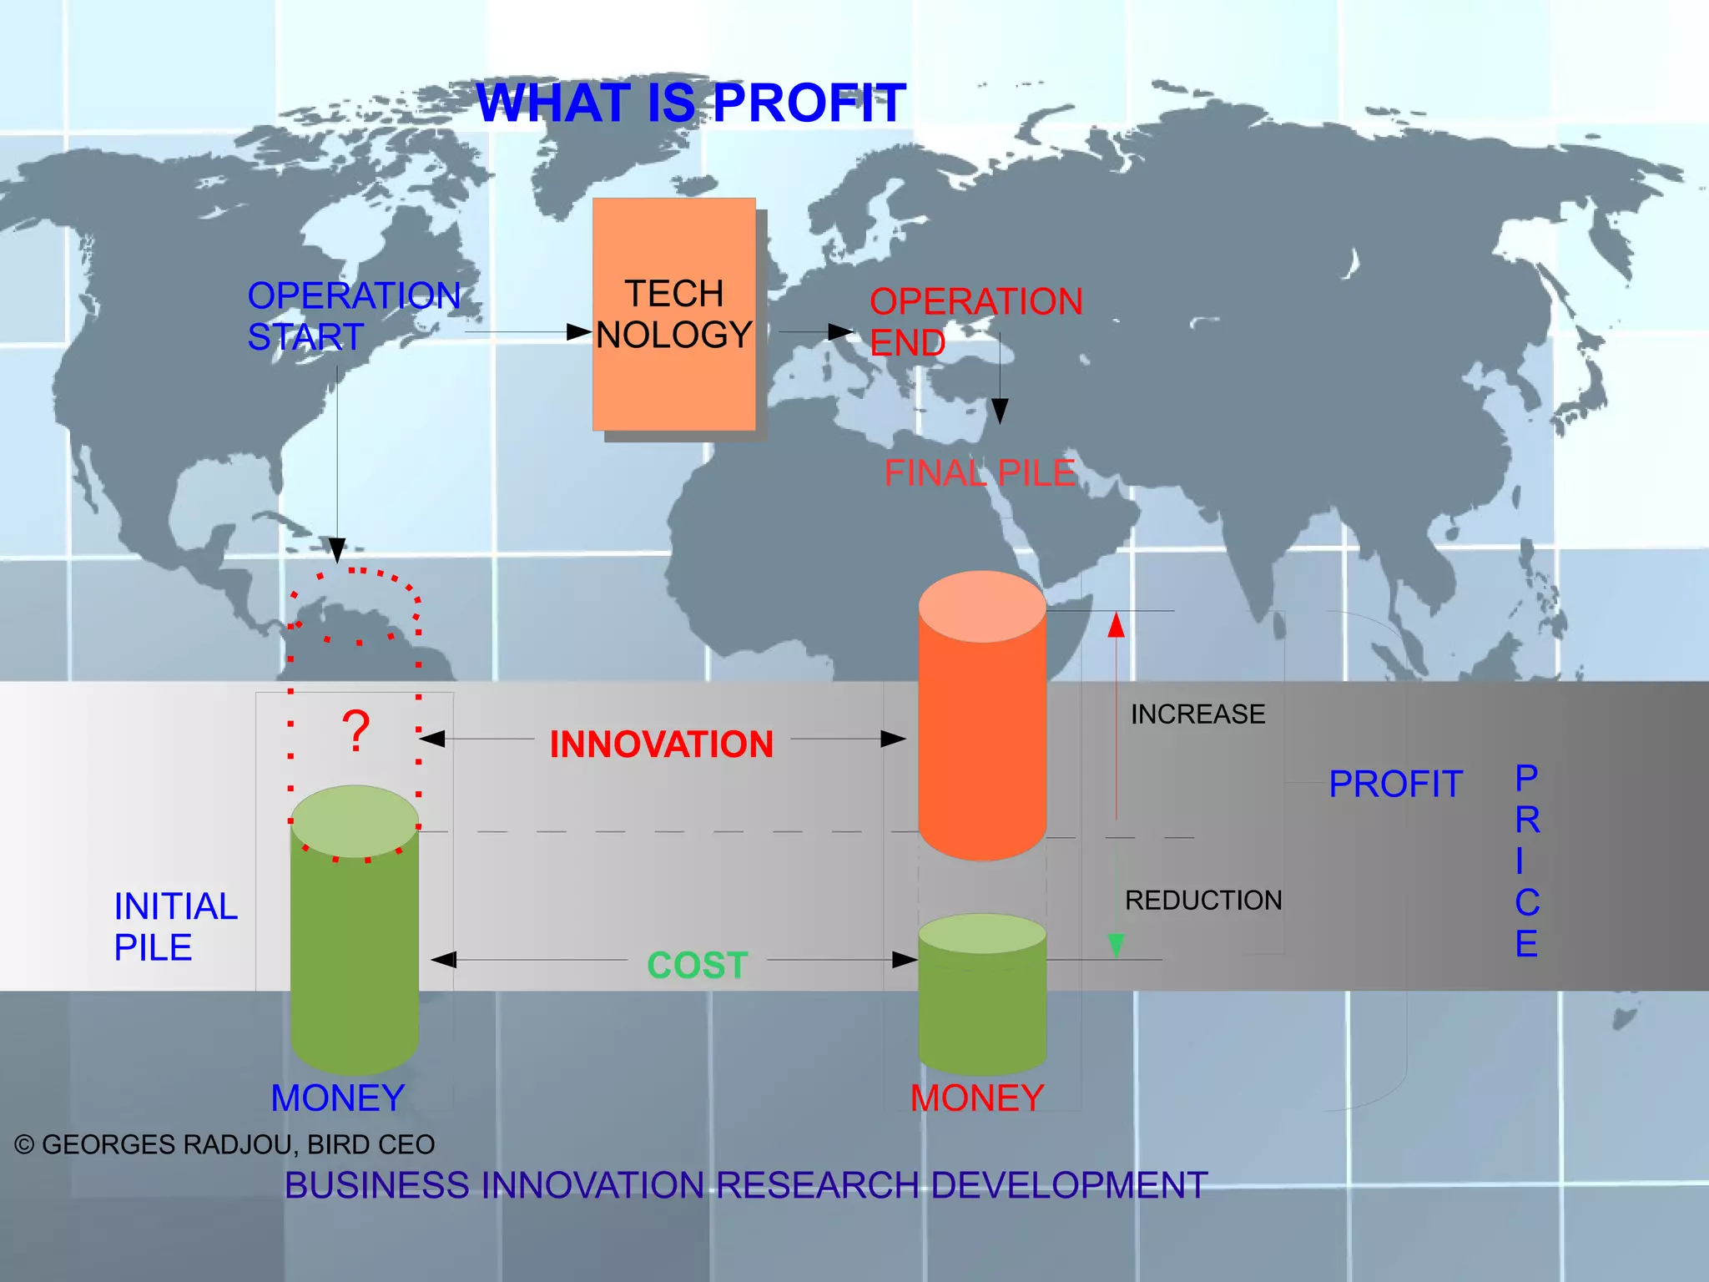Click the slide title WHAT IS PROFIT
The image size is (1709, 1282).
pyautogui.click(x=691, y=103)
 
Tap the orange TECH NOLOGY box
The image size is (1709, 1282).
pyautogui.click(x=674, y=314)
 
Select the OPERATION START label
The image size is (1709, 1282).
pyautogui.click(x=353, y=316)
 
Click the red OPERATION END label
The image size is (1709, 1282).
pyautogui.click(x=975, y=321)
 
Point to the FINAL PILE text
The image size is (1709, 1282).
pyautogui.click(x=980, y=473)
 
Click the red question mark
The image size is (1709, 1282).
pyautogui.click(x=356, y=732)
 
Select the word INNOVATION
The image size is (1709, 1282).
pyautogui.click(x=662, y=744)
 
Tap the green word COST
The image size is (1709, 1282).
pyautogui.click(x=698, y=966)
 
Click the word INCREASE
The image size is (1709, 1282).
pyautogui.click(x=1197, y=714)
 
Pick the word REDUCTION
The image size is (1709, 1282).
pyautogui.click(x=1202, y=901)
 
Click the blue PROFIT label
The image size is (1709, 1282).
pyautogui.click(x=1395, y=785)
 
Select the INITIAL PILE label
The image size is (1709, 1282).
pyautogui.click(x=175, y=926)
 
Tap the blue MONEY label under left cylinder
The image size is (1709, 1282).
pyautogui.click(x=338, y=1098)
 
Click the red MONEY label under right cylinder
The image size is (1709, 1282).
pyautogui.click(x=977, y=1098)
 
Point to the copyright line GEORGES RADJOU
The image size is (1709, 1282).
pyautogui.click(x=225, y=1144)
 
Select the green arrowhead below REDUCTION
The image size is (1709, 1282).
pyautogui.click(x=1116, y=945)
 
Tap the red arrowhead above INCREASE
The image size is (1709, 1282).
pyautogui.click(x=1116, y=624)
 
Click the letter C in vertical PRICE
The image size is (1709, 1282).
pyautogui.click(x=1527, y=903)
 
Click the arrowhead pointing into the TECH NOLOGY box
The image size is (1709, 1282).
pyautogui.click(x=579, y=332)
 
